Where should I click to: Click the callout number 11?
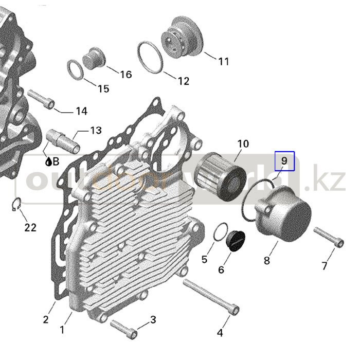(224, 62)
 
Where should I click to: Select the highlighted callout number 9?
(284, 161)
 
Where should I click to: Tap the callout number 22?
(30, 227)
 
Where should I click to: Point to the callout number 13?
(96, 131)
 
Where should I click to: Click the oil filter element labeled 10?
(220, 176)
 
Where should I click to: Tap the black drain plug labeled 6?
(236, 240)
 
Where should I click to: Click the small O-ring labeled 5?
(221, 232)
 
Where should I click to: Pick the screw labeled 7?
(329, 237)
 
